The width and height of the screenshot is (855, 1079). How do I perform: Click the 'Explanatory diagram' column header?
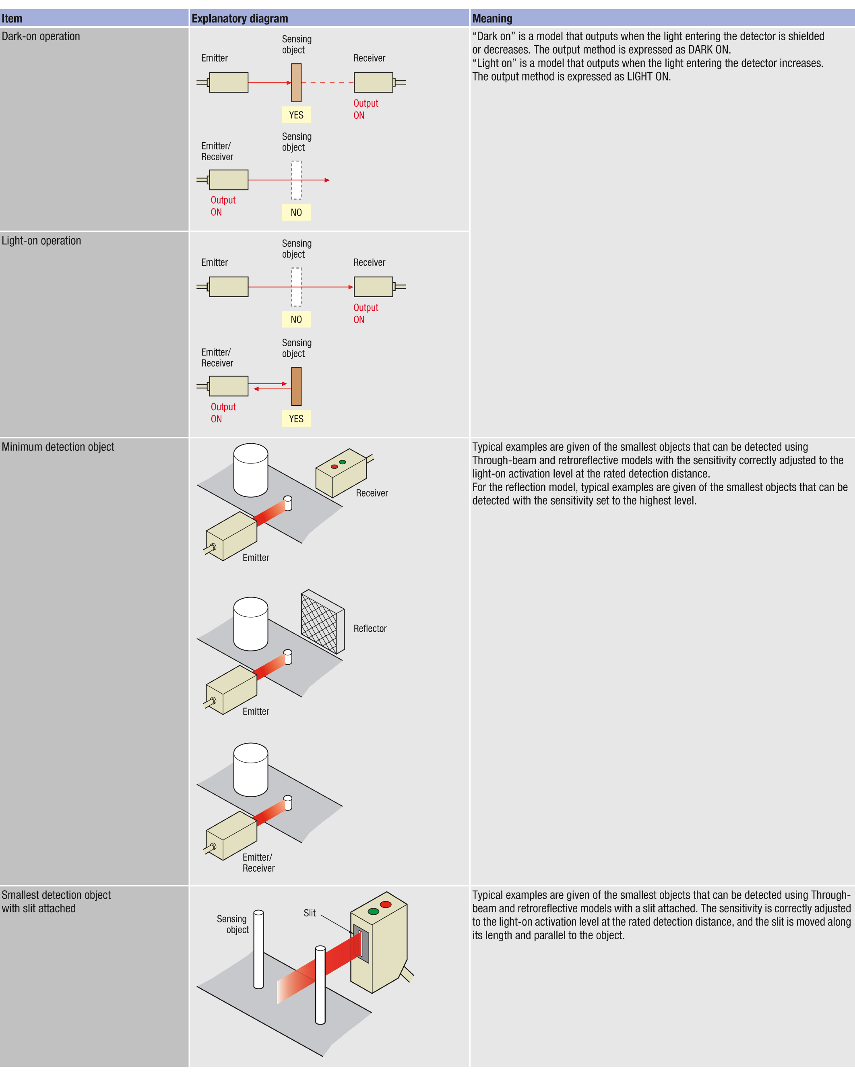[240, 19]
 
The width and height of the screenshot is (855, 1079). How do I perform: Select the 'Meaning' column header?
[492, 19]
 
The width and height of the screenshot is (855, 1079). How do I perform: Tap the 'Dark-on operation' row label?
[41, 36]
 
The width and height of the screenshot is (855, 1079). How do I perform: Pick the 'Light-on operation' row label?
[41, 241]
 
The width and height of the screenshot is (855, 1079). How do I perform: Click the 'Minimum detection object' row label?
[58, 447]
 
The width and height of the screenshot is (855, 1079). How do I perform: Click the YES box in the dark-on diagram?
[296, 115]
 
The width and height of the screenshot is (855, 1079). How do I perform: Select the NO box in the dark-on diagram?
[296, 212]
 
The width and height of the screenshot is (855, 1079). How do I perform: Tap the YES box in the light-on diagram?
[296, 418]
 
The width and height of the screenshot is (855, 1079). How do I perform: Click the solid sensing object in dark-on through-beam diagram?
[296, 83]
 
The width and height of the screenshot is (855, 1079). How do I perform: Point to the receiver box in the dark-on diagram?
[373, 83]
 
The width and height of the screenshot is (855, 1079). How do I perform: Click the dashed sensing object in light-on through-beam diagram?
[296, 287]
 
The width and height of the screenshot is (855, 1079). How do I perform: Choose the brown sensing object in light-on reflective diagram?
[296, 386]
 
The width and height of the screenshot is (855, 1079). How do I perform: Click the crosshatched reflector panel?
[320, 622]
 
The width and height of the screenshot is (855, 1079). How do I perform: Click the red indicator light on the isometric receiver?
[334, 467]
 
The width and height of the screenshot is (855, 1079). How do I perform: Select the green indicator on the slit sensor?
[373, 912]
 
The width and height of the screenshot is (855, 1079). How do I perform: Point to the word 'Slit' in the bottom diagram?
[310, 913]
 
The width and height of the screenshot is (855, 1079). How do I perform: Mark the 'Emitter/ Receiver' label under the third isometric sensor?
[258, 863]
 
